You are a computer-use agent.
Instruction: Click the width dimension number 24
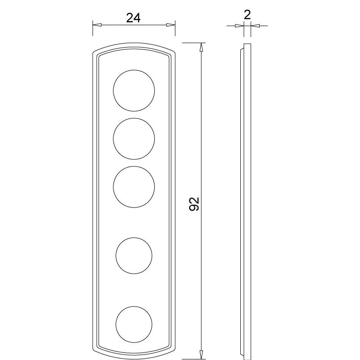point(133,18)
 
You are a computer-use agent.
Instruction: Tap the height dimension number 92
point(194,204)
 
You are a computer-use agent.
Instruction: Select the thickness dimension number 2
point(247,15)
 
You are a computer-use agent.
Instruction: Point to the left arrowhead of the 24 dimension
point(97,25)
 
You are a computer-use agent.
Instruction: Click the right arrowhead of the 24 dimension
point(171,25)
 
